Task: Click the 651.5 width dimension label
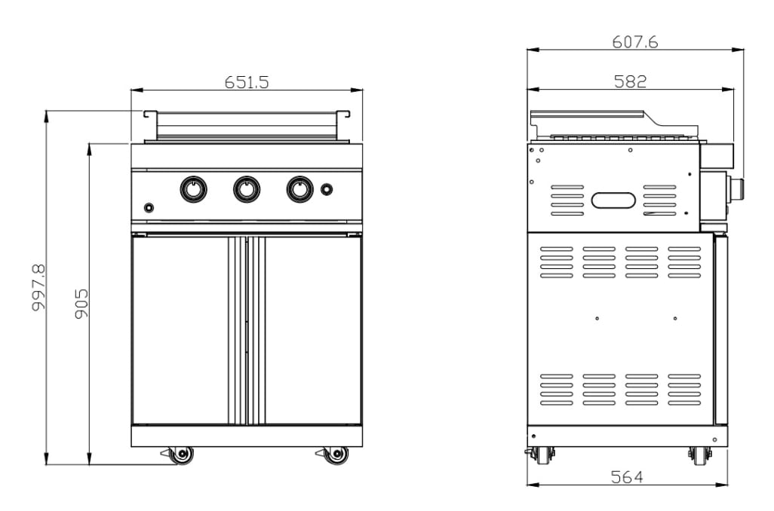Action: (247, 82)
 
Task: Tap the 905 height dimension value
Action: (81, 303)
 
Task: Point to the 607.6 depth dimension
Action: (634, 42)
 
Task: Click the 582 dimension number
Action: (630, 81)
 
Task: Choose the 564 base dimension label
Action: (627, 476)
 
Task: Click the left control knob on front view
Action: (193, 188)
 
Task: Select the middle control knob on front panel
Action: (247, 188)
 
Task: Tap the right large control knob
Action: (299, 188)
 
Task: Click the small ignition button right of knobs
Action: (327, 188)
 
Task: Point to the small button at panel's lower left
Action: (149, 208)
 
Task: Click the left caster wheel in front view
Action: (182, 454)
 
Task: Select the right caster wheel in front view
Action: (336, 454)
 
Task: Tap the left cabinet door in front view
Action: (180, 329)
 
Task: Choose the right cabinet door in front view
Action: (313, 329)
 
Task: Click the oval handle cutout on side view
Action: (613, 200)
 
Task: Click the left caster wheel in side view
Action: (540, 454)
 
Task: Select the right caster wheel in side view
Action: (700, 454)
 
